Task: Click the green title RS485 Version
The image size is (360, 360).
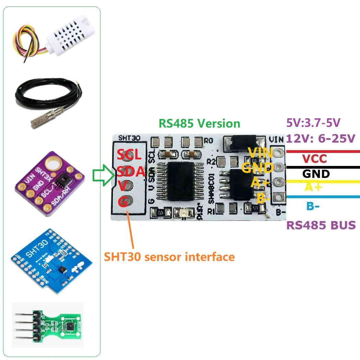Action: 199,123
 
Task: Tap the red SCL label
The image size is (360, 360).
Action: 129,155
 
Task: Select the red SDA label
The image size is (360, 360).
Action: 130,171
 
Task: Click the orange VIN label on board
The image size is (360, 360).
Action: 260,153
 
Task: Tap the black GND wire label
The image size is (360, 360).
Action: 316,173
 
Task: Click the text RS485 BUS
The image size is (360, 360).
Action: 321,225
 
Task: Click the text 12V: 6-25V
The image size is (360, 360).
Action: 321,139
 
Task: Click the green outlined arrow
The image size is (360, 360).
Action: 103,176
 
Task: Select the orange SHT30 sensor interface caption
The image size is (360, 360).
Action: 169,256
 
